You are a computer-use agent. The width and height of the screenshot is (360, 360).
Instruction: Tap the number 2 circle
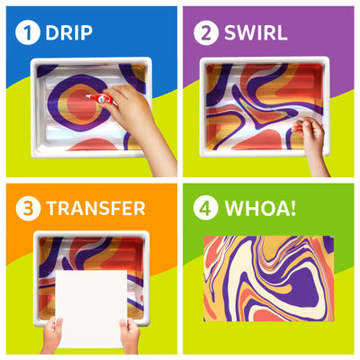(206, 33)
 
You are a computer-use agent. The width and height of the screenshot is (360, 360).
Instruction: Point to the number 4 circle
(206, 209)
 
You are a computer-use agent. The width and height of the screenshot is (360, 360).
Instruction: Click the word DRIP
(69, 33)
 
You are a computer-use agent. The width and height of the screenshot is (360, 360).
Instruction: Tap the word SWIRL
(256, 33)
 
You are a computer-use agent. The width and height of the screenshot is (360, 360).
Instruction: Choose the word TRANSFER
(95, 209)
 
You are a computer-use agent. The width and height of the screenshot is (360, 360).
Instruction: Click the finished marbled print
(267, 277)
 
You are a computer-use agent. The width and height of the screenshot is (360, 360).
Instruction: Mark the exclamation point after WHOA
(296, 209)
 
